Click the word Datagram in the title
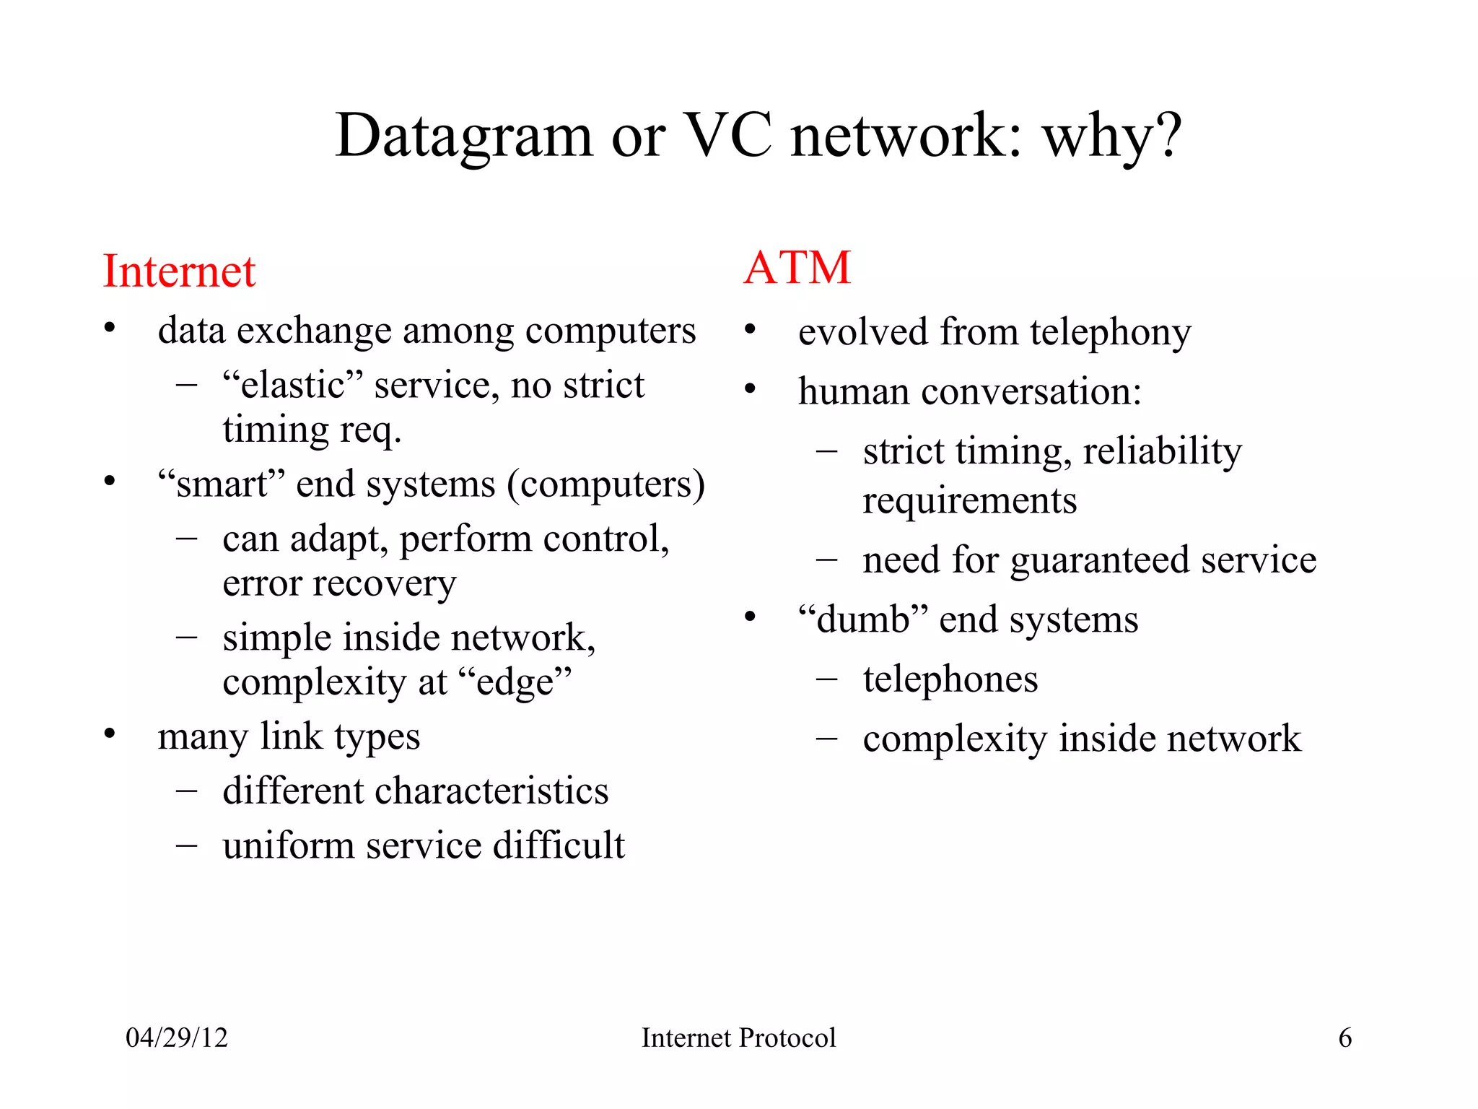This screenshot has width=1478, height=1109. coord(463,137)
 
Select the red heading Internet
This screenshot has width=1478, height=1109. coord(179,271)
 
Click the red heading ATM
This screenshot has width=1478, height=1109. coord(797,268)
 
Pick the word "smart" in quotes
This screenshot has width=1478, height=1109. coord(222,483)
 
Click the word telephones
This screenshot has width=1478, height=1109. coord(950,679)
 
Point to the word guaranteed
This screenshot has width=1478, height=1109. coord(1098,561)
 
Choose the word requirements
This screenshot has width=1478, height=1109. coord(969,500)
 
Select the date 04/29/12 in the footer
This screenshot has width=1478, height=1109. coord(177,1038)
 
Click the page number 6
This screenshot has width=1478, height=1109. coord(1345,1038)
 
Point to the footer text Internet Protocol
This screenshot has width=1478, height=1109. coord(738,1038)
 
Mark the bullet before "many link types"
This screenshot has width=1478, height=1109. coord(110,734)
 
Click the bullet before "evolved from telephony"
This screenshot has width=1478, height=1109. coord(751,330)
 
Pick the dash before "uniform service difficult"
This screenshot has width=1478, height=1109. coord(186,845)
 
